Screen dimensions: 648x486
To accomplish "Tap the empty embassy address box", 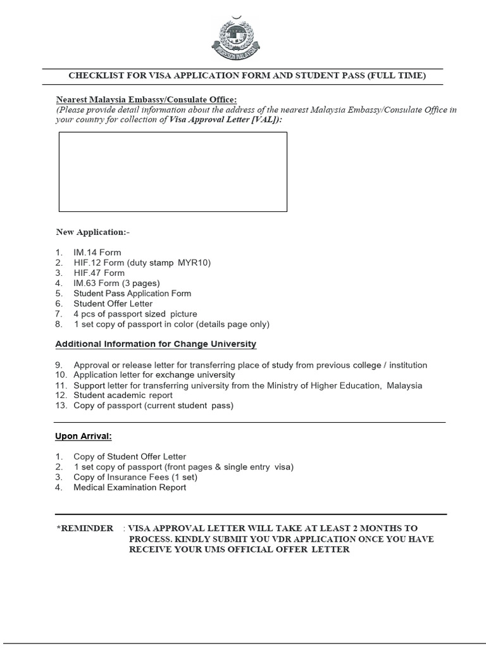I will [x=173, y=171].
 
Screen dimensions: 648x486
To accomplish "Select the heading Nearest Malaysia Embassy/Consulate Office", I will [x=146, y=99].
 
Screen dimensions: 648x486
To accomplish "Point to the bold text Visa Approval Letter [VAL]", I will [x=223, y=119].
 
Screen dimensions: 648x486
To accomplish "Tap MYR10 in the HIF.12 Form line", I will [x=194, y=263].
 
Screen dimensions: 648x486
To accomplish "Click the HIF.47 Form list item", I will [x=99, y=273].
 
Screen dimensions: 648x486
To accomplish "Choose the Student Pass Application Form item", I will [x=132, y=294].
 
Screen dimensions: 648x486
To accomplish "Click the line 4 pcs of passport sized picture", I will [x=135, y=314].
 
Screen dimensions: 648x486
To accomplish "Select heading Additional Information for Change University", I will [x=156, y=344].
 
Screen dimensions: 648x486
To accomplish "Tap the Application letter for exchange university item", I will [x=154, y=375].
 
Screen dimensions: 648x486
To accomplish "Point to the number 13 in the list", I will [x=61, y=406].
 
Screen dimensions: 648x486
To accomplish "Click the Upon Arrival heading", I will [x=84, y=437].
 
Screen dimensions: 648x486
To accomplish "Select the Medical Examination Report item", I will [x=130, y=487].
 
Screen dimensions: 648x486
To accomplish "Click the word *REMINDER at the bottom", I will [x=85, y=528].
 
